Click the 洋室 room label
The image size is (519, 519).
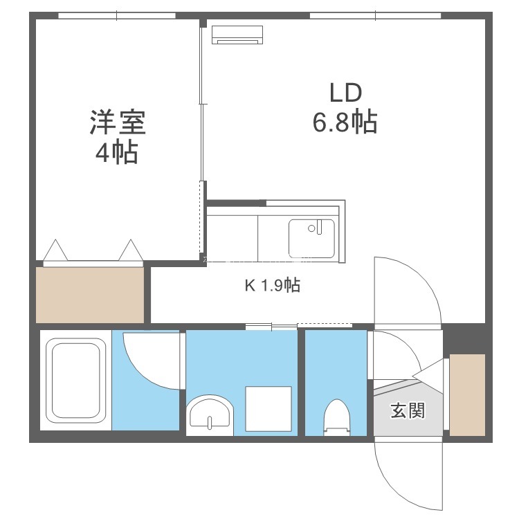coord(118,122)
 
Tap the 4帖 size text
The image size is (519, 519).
coord(117,152)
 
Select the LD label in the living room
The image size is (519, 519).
coord(345,93)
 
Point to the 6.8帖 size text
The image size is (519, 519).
coord(345,122)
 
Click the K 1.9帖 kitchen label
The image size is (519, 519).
coord(273,285)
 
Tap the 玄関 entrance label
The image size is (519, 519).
coord(408,410)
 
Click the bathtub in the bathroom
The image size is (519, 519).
coord(76,381)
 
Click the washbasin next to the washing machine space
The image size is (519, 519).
coord(210,415)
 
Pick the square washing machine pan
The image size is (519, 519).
coord(268,409)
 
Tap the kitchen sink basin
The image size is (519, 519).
coord(311,238)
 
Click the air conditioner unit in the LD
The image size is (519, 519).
coord(237,35)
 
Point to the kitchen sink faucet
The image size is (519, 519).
coord(319,227)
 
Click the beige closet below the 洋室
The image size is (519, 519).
coord(90,295)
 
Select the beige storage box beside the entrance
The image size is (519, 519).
coord(467,395)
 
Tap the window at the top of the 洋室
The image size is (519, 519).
coord(117,15)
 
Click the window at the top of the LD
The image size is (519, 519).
coord(375,15)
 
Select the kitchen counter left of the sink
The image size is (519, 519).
coord(233,238)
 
